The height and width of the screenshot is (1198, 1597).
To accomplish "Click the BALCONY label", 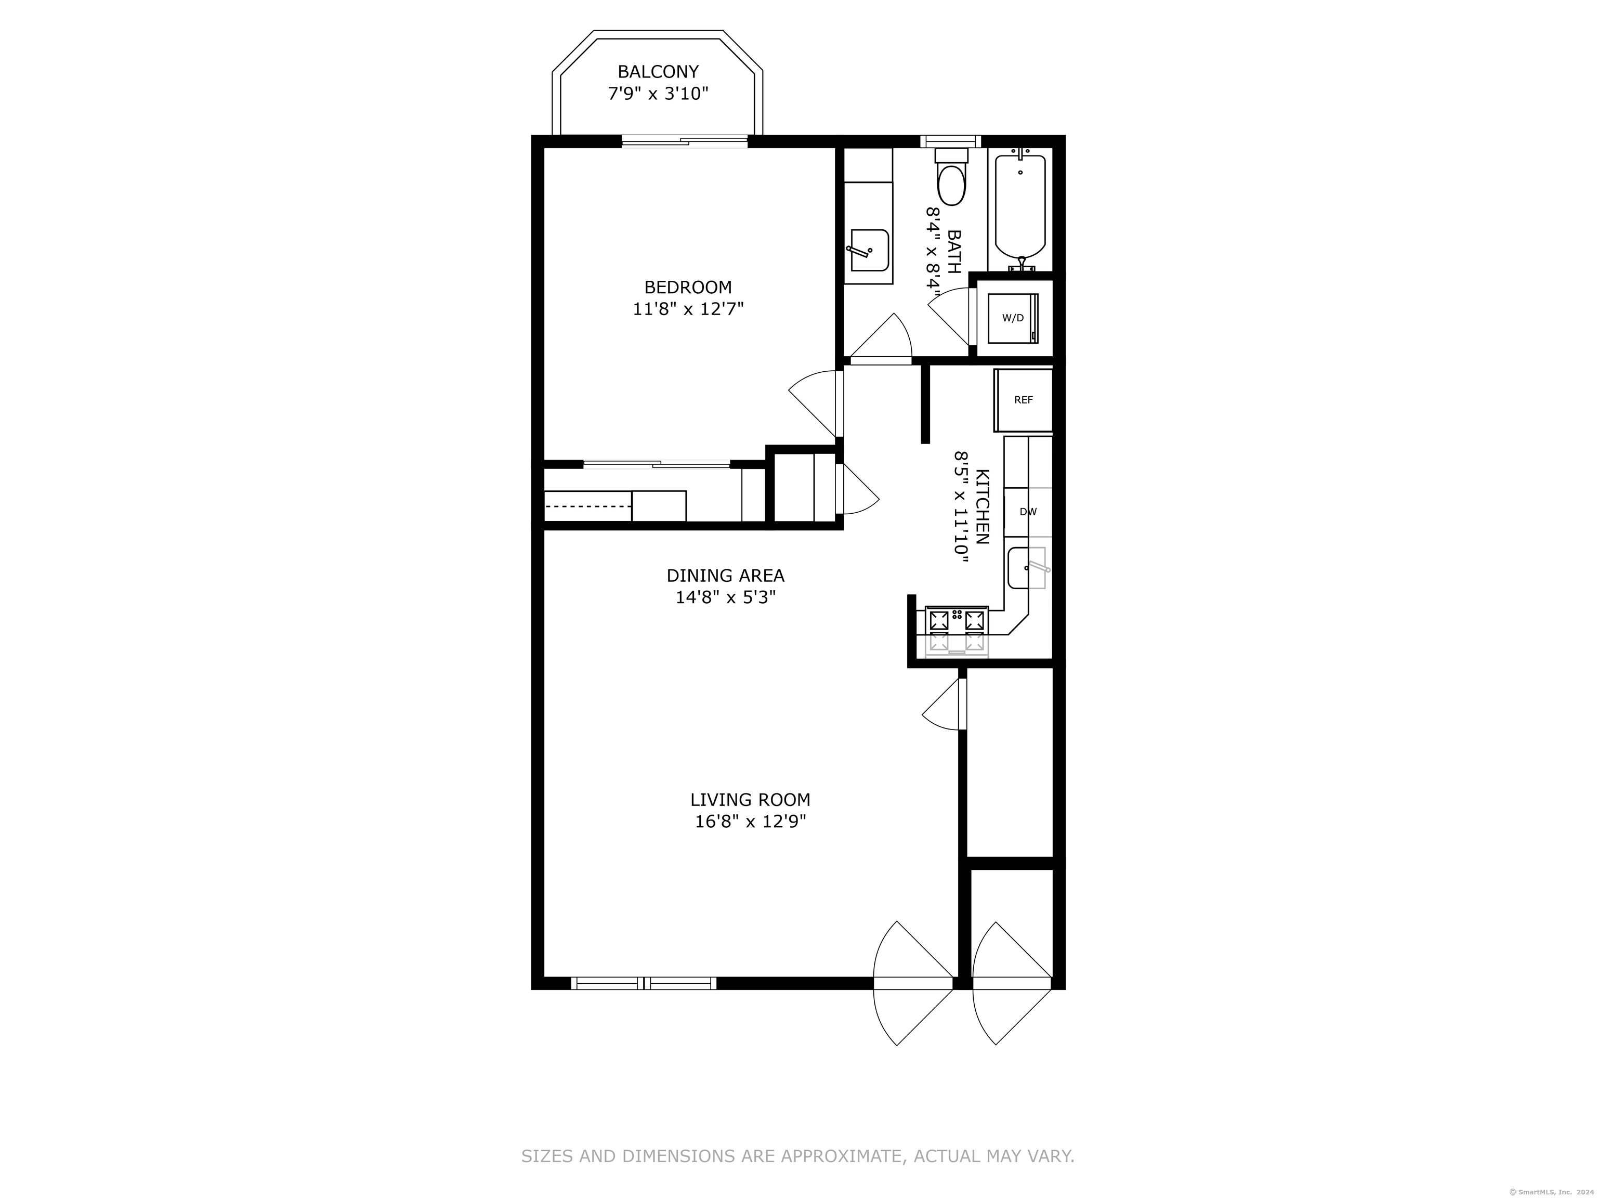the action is (658, 72).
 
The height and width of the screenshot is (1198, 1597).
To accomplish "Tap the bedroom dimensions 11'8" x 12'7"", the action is (688, 309).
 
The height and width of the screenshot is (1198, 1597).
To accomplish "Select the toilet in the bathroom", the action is (951, 177).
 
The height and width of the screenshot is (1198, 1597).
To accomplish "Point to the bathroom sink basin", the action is (869, 251).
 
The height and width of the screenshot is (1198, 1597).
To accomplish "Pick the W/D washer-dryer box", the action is (1013, 318).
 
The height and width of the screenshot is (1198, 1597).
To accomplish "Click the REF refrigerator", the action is (1024, 400).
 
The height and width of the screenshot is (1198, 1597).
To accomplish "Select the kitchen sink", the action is (1027, 568).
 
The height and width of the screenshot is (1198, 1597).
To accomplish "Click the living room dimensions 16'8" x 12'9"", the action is (750, 821).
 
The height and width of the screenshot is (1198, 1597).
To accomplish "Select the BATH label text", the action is (954, 251).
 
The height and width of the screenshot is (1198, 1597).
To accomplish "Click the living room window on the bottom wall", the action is (643, 983).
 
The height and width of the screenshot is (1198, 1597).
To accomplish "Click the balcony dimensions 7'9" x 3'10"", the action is (658, 94).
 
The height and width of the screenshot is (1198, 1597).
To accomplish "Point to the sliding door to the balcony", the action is (685, 141).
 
